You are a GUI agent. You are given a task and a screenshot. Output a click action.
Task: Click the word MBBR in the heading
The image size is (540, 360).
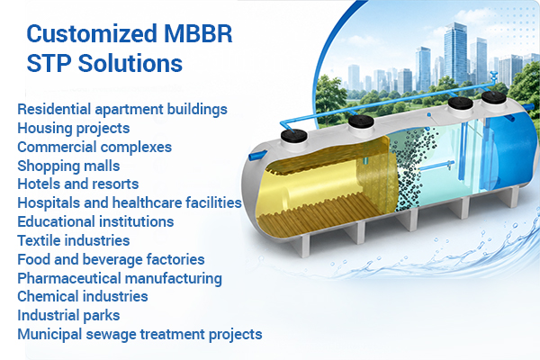198,33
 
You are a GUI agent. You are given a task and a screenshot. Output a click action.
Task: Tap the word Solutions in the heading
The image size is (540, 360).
130,63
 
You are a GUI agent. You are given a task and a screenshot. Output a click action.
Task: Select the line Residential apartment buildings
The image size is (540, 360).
122,109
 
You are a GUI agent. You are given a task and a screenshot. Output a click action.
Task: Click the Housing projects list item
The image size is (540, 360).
74,128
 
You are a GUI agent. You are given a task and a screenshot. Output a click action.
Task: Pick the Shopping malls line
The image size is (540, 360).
68,166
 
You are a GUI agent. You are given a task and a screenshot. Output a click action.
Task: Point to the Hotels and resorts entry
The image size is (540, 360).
77,184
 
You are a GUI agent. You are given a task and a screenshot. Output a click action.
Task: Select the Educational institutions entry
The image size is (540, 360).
95,221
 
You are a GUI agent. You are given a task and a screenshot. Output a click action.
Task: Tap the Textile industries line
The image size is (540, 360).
74,240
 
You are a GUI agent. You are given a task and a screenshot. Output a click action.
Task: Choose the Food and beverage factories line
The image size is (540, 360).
111,259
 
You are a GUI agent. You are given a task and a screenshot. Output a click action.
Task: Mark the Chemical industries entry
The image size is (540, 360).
83,296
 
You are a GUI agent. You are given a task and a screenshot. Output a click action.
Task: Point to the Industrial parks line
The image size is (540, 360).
68,316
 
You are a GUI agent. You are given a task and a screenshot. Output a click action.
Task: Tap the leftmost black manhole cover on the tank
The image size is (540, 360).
293,135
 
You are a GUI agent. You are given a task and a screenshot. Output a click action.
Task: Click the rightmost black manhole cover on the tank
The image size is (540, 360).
493,97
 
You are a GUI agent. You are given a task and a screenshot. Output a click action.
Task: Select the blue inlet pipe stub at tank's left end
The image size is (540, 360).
257,156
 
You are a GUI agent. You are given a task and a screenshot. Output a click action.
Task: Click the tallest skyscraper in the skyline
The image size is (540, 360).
455,53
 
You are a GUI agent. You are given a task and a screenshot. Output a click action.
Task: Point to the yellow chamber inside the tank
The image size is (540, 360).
326,191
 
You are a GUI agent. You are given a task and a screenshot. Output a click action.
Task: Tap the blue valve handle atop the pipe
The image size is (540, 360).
493,74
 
